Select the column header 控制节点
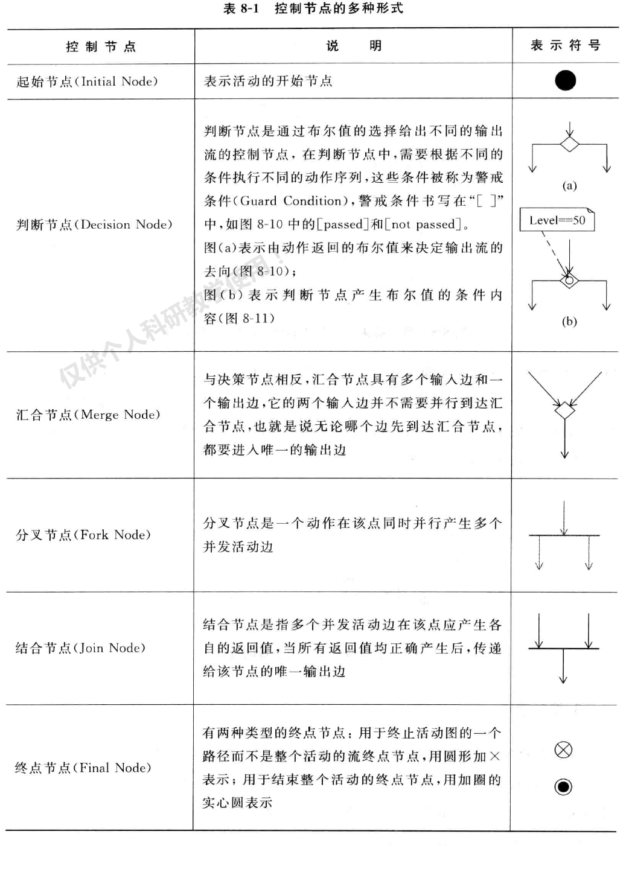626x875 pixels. [x=101, y=46]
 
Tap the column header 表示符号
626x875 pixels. [x=565, y=45]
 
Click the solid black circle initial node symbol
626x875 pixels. [x=565, y=80]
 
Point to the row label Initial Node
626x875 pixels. [x=87, y=81]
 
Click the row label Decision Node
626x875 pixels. [x=94, y=224]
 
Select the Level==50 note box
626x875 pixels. [x=557, y=220]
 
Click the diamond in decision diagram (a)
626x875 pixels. [x=569, y=144]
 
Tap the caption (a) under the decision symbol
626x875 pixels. [x=569, y=185]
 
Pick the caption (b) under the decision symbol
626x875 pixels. [x=569, y=321]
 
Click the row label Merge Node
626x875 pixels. [x=88, y=415]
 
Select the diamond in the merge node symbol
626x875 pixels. [x=564, y=410]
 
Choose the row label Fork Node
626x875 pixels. [x=83, y=535]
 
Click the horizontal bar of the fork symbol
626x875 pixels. [x=564, y=535]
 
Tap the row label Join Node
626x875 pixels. [x=80, y=648]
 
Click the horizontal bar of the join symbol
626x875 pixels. [x=563, y=649]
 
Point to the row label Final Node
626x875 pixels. [x=83, y=768]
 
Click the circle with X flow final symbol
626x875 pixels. [x=563, y=750]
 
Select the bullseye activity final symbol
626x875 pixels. [x=563, y=786]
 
